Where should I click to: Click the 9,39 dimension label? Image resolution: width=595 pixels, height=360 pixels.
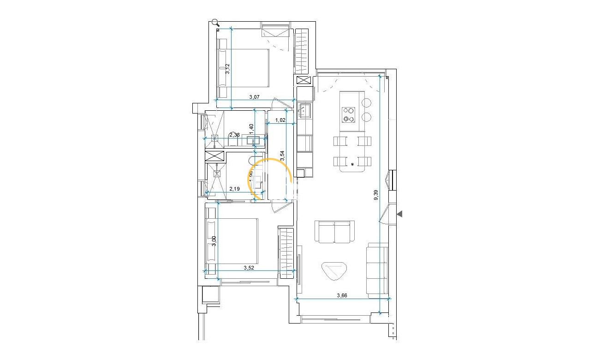(376, 195)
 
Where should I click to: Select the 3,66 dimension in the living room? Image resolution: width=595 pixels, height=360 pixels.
(342, 295)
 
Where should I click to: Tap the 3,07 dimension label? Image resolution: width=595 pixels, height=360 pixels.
(255, 97)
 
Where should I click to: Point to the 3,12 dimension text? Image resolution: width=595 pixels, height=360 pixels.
(227, 69)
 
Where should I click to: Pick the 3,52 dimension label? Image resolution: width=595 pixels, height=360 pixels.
(250, 267)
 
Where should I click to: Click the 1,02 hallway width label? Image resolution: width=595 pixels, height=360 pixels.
(280, 120)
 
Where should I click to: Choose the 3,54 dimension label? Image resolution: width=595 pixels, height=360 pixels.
(282, 156)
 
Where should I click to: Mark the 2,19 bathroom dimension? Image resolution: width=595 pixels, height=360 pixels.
(235, 189)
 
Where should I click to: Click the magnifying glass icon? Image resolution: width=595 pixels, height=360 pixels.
(215, 22)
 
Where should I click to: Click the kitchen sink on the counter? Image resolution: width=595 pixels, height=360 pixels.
(304, 110)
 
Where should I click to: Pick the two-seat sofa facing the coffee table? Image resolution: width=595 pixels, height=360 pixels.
(335, 231)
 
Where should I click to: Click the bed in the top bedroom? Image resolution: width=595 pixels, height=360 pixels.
(244, 68)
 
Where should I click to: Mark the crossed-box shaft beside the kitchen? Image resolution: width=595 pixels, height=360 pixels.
(304, 80)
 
